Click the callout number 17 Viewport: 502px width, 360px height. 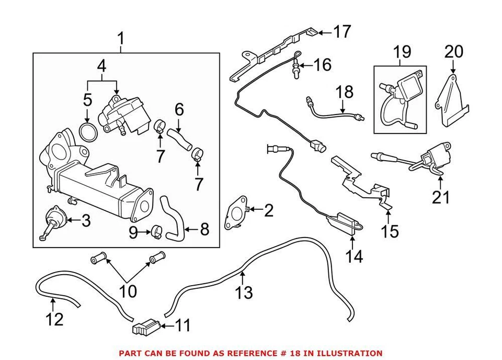coord(343,32)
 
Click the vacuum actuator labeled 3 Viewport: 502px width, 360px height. coord(53,219)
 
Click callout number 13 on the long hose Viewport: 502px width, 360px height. coord(244,292)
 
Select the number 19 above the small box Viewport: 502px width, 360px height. coord(402,52)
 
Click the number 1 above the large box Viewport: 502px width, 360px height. coord(121,38)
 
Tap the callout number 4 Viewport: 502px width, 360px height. coord(102,66)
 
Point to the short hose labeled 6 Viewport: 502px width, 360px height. coord(180,139)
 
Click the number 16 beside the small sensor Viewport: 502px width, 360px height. coord(323,65)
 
